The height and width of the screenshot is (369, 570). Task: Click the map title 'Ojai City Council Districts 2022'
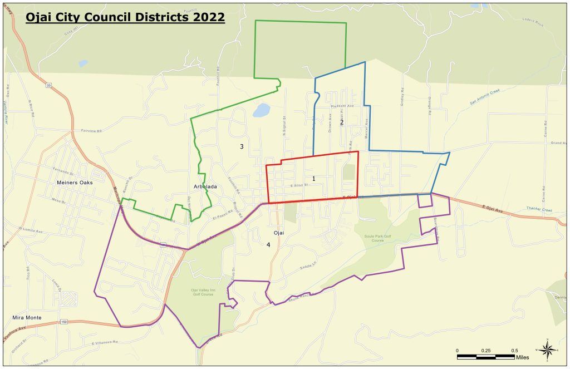click(x=125, y=17)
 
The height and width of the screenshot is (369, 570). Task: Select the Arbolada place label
click(x=205, y=187)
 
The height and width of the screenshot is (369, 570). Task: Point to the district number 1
click(x=314, y=179)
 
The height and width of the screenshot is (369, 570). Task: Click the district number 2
click(x=342, y=122)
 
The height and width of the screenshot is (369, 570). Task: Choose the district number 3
click(x=242, y=147)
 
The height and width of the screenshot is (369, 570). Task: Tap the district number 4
click(x=268, y=244)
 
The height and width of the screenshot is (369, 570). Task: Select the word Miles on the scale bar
click(x=522, y=357)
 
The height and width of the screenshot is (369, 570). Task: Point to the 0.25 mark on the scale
click(x=485, y=351)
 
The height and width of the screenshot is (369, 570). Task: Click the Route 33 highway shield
click(x=49, y=85)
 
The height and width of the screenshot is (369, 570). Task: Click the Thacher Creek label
click(x=538, y=209)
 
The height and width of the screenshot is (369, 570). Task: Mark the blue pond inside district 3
click(x=261, y=110)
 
